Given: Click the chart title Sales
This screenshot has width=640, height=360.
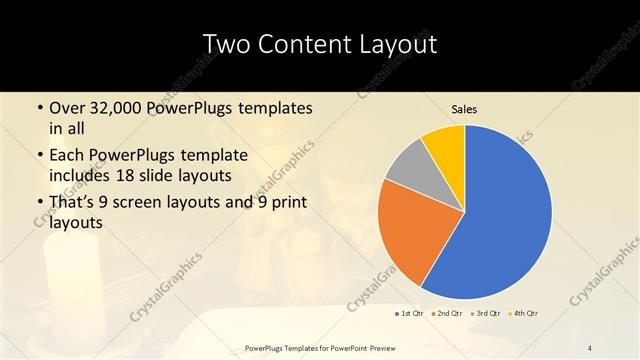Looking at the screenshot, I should (x=464, y=108).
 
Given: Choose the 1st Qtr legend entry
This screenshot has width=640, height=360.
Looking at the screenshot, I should (x=409, y=314).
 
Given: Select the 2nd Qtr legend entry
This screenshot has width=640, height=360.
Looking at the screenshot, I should (x=447, y=314).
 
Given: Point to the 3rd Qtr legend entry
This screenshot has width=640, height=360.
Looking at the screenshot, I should (x=486, y=314).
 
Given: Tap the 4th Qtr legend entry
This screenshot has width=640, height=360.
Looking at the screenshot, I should (x=525, y=314).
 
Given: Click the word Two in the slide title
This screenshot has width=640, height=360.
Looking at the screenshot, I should (x=227, y=44).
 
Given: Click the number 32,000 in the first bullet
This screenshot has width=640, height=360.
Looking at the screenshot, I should (x=112, y=108).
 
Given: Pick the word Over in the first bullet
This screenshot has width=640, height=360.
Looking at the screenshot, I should (x=66, y=108).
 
